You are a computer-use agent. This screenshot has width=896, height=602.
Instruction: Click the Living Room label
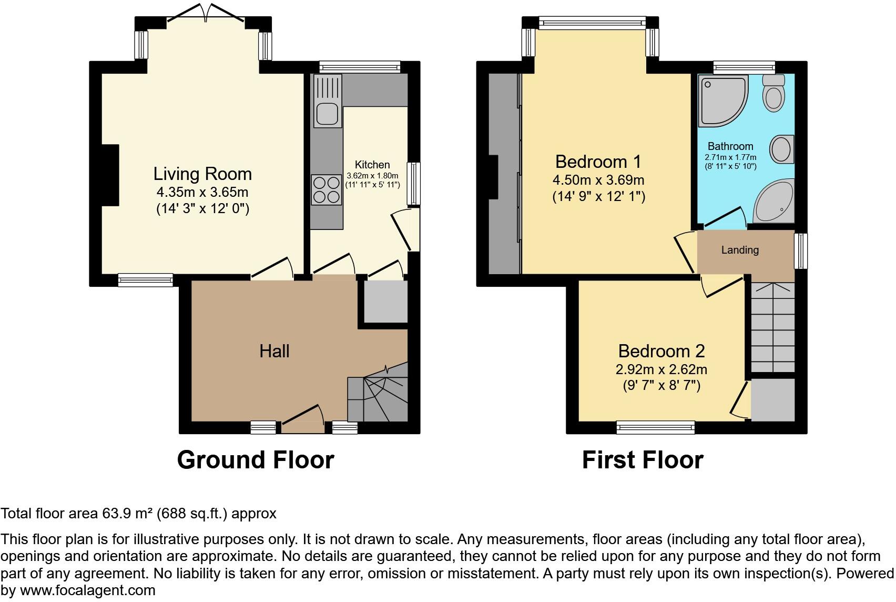pyautogui.click(x=202, y=174)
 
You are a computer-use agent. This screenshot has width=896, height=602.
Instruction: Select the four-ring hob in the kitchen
pyautogui.click(x=326, y=189)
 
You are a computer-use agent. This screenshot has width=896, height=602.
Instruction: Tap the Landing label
pyautogui.click(x=740, y=250)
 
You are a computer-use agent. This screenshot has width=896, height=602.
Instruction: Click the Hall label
pyautogui.click(x=274, y=351)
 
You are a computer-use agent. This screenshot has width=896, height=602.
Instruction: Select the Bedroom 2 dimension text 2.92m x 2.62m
pyautogui.click(x=661, y=369)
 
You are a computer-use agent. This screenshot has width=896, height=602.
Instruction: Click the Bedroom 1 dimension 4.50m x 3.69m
pyautogui.click(x=598, y=180)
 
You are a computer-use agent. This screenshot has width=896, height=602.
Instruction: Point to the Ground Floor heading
pyautogui.click(x=256, y=459)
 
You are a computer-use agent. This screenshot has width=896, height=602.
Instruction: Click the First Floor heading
pyautogui.click(x=642, y=459)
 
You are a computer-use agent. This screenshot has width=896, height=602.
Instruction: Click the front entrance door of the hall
pyautogui.click(x=303, y=421)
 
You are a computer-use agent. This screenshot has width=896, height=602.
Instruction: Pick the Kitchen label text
pyautogui.click(x=372, y=164)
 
